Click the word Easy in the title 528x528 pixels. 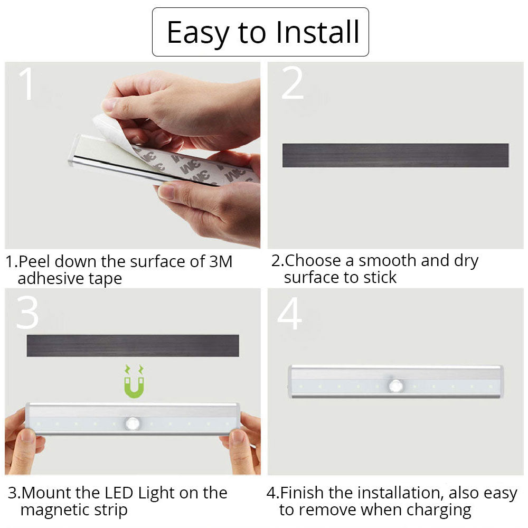197,33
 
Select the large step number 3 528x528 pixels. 27,313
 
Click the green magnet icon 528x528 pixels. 135,382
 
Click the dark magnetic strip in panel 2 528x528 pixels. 395,155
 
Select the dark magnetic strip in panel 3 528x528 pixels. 133,345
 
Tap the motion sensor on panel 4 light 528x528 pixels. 395,386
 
